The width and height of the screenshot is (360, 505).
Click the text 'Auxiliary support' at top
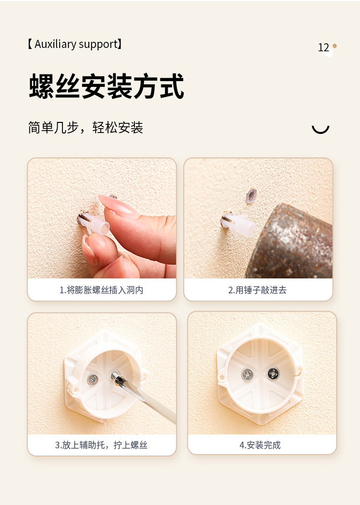tap(76, 45)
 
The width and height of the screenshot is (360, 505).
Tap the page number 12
tap(324, 48)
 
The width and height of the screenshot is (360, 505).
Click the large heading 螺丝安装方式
tap(107, 86)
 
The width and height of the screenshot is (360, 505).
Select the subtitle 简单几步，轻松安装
tap(85, 128)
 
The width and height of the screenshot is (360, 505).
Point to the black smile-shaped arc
tap(320, 129)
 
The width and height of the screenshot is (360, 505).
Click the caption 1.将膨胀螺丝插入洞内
tap(101, 290)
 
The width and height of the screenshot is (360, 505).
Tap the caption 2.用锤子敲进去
tap(257, 290)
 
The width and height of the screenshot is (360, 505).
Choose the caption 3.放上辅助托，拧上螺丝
tap(101, 445)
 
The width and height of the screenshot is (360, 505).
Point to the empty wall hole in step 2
tap(251, 195)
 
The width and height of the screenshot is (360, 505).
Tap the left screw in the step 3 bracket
tap(93, 380)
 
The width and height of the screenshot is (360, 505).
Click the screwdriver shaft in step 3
tap(144, 398)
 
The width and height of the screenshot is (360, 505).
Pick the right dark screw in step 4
tap(273, 373)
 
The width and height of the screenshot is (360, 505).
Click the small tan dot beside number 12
tap(335, 46)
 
